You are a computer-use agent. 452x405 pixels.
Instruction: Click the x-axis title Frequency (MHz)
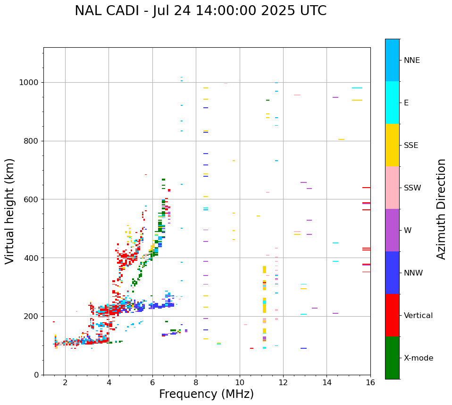pos(206,394)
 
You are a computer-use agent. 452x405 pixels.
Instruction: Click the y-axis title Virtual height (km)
pos(10,211)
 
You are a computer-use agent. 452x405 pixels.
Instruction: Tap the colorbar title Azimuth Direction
pos(441,209)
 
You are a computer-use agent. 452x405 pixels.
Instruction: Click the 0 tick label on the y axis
pos(37,375)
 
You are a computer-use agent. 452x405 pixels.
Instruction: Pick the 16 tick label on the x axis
pos(370,382)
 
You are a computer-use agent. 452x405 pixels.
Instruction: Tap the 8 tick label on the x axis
pos(196,382)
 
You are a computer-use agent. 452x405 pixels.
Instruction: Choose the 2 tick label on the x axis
pos(65,382)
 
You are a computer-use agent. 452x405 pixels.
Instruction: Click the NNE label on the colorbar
pos(412,60)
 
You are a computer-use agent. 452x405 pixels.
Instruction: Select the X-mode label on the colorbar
pos(419,358)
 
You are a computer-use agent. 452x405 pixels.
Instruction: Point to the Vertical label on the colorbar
pos(418,316)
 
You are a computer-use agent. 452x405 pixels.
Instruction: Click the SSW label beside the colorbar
pos(412,188)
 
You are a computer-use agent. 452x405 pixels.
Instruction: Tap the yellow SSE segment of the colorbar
pos(392,145)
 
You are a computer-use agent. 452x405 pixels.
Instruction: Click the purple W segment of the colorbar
pos(392,230)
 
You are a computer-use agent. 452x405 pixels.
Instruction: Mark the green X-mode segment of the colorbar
pos(392,358)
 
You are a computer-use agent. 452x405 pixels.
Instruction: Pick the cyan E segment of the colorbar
pos(392,103)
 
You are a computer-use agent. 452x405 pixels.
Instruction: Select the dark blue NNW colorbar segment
pos(392,273)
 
